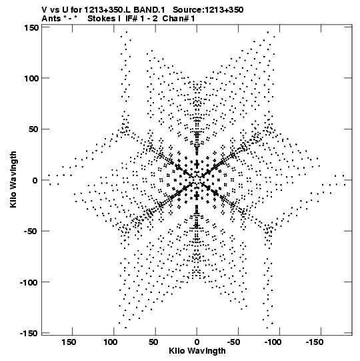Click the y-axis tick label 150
32,28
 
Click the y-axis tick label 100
32,78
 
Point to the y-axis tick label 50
34,129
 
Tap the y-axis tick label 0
35,180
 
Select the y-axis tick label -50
31,232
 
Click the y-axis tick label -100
29,282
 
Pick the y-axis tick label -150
29,334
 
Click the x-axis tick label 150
69,342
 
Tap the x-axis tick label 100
110,342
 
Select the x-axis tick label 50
153,342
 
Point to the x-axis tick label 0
197,342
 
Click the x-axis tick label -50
235,342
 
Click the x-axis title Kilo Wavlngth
197,351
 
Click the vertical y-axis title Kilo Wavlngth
13,179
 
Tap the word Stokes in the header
101,19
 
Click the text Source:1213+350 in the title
208,10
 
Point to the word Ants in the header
51,19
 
